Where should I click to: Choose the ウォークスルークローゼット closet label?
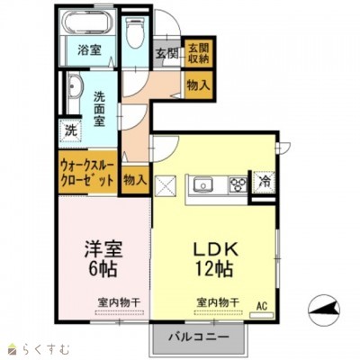87,173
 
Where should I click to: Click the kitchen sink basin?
201,185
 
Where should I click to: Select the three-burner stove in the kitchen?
236,185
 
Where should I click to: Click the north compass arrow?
321,311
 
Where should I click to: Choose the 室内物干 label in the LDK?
212,302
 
